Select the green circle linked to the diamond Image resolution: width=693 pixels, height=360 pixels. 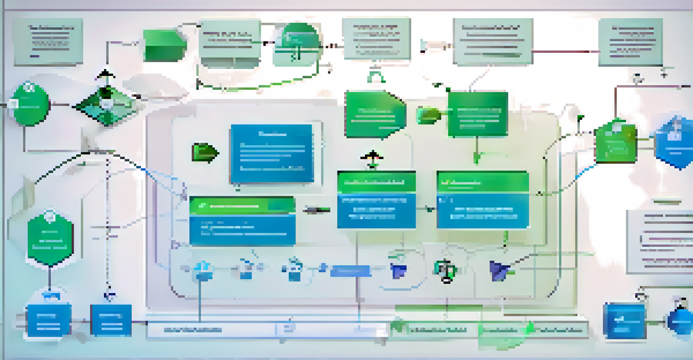pos(30,104)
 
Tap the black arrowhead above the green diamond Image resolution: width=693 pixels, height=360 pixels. pos(105,74)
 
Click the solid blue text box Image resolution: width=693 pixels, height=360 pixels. pos(272,153)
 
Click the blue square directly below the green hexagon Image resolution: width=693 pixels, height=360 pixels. pos(49,320)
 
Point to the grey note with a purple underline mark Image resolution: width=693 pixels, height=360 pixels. pos(48,42)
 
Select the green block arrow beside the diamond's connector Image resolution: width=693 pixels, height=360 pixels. pos(165,45)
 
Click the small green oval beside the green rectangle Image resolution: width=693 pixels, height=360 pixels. pos(428,115)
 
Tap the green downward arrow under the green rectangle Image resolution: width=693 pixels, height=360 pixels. pos(477,157)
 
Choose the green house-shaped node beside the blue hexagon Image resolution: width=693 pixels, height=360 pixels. pos(615,141)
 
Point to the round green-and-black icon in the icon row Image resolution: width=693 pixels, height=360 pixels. pos(446,270)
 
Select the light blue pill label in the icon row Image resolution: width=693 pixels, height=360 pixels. pos(351,271)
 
